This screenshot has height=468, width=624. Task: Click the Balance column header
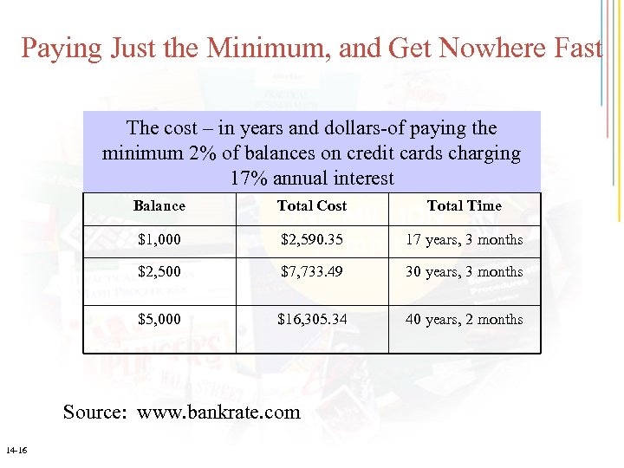click(x=159, y=206)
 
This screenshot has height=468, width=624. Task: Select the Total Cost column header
click(x=311, y=206)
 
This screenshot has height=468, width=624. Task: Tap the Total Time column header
click(x=464, y=206)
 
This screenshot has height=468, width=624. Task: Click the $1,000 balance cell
click(x=159, y=240)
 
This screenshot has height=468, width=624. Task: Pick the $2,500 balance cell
click(x=159, y=272)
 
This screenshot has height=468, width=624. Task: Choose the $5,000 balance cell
click(x=159, y=320)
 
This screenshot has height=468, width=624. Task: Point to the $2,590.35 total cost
click(x=311, y=240)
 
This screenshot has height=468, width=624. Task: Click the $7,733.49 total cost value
click(x=311, y=272)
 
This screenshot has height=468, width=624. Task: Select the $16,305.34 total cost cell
click(x=311, y=320)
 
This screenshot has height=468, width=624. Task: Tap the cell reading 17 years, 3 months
click(x=464, y=240)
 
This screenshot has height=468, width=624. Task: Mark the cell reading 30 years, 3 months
click(x=464, y=272)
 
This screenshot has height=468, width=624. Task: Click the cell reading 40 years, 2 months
click(x=464, y=320)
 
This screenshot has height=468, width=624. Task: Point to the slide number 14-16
click(x=16, y=451)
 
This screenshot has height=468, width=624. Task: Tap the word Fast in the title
click(x=576, y=48)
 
